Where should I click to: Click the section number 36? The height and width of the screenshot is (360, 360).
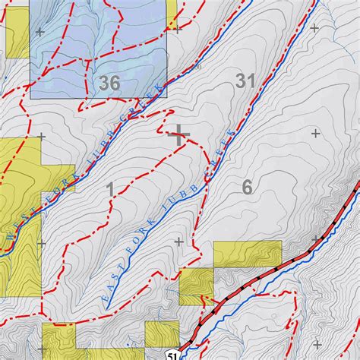pos(109,84)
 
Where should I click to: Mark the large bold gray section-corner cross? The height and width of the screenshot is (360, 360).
pos(179,136)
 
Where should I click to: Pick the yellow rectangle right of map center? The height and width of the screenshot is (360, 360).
pos(247,254)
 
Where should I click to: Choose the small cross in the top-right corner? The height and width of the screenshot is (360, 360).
pos(314,27)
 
